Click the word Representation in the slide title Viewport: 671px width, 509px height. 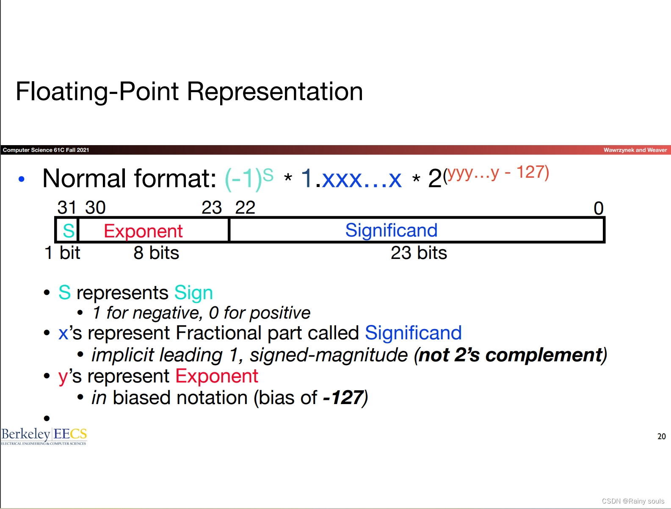[x=275, y=91]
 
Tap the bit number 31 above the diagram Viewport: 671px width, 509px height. [x=67, y=208]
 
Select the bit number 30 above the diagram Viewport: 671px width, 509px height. [x=95, y=208]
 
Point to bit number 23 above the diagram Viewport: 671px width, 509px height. [x=212, y=208]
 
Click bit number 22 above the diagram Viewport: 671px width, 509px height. [x=245, y=208]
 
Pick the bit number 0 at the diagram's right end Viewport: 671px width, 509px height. [x=598, y=208]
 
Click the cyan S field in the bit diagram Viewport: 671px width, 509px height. [x=68, y=231]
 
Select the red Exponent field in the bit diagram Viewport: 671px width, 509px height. [x=143, y=231]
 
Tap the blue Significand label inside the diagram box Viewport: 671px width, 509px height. [x=391, y=230]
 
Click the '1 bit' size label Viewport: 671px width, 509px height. [x=62, y=253]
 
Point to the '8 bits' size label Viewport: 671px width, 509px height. [x=156, y=253]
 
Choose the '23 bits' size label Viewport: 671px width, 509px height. [x=419, y=253]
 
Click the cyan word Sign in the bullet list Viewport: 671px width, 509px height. [x=193, y=293]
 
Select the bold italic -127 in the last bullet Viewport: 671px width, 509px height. [x=343, y=398]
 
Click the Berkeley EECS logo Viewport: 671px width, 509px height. [x=44, y=435]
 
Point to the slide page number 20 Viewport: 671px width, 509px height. [x=661, y=436]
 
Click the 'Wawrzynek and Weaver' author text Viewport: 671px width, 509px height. [x=635, y=150]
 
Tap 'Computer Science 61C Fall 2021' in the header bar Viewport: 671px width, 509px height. [x=46, y=150]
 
